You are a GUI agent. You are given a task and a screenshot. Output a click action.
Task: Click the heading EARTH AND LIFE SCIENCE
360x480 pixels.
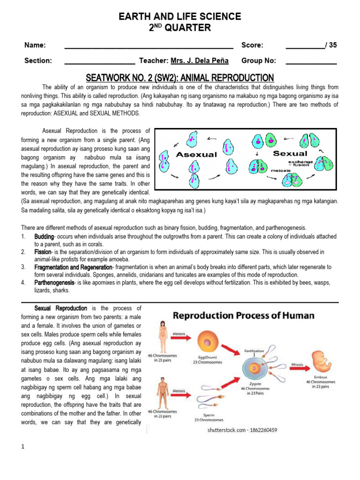click(180, 16)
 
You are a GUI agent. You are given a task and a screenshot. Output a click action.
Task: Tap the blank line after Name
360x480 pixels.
click(149, 46)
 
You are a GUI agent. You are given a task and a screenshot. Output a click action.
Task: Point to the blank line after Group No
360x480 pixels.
click(311, 61)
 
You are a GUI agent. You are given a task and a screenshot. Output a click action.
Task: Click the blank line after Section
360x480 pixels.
click(99, 61)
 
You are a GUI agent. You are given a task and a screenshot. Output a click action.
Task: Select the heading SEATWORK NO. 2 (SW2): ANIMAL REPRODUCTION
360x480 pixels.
click(180, 78)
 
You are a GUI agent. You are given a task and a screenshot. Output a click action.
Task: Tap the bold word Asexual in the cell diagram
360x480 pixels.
click(196, 154)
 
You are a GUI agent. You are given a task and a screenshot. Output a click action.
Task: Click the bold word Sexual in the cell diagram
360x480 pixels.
click(290, 153)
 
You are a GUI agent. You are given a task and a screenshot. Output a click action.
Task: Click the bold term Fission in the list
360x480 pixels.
click(43, 252)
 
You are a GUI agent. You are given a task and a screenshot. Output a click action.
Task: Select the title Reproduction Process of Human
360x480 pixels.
click(244, 315)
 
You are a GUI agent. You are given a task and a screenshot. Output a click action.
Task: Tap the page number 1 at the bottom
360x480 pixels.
click(22, 446)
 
